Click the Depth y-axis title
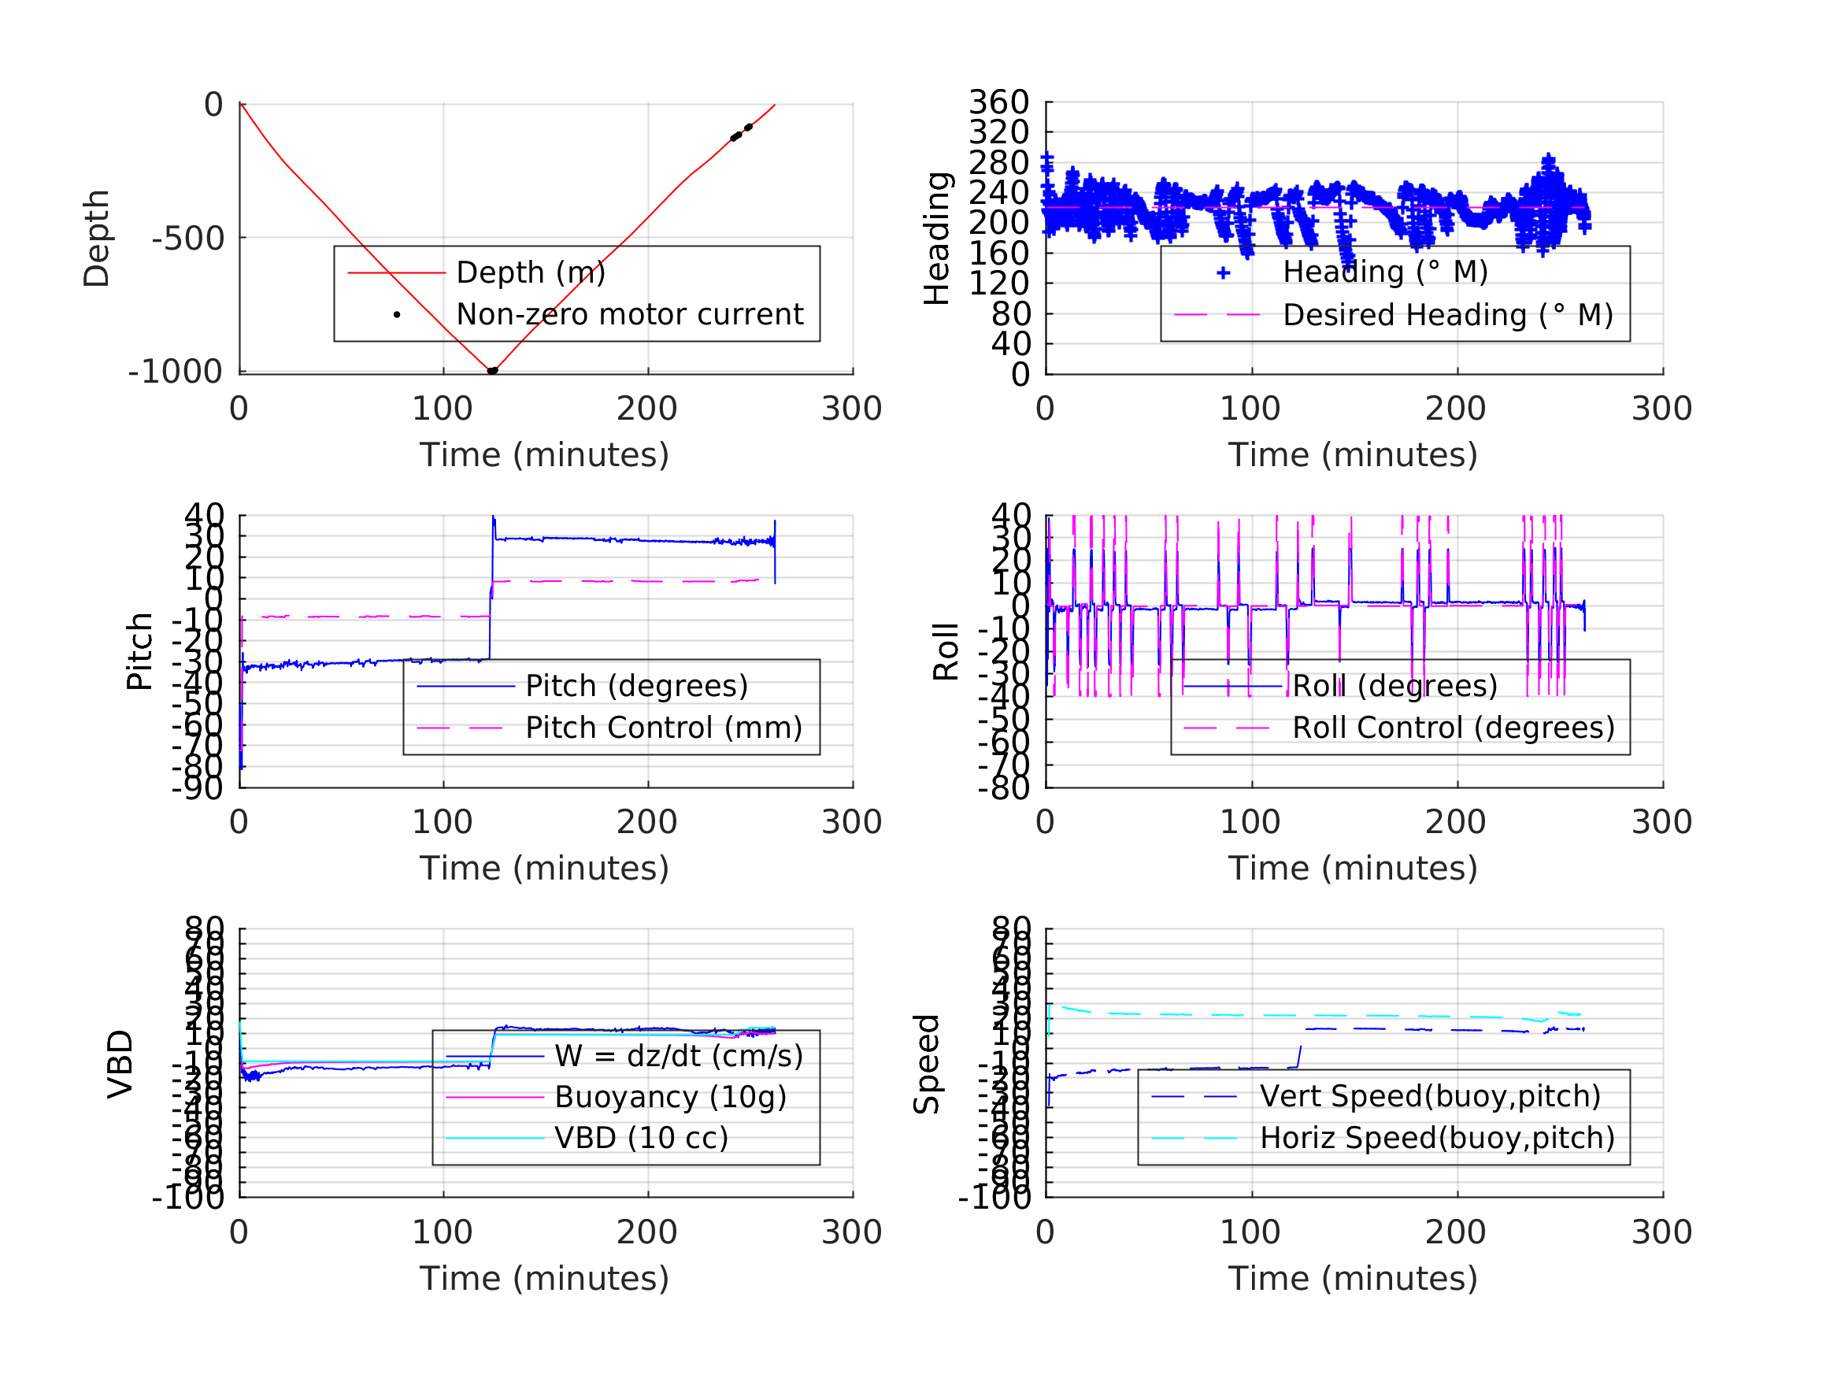point(96,239)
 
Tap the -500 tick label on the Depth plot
point(187,239)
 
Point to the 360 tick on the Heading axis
point(998,102)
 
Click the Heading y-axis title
point(937,239)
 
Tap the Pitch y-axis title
point(139,651)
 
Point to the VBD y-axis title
point(120,1064)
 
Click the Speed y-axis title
point(927,1064)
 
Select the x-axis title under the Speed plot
point(1353,1278)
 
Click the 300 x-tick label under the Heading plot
point(1661,409)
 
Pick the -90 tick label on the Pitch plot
point(197,787)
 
